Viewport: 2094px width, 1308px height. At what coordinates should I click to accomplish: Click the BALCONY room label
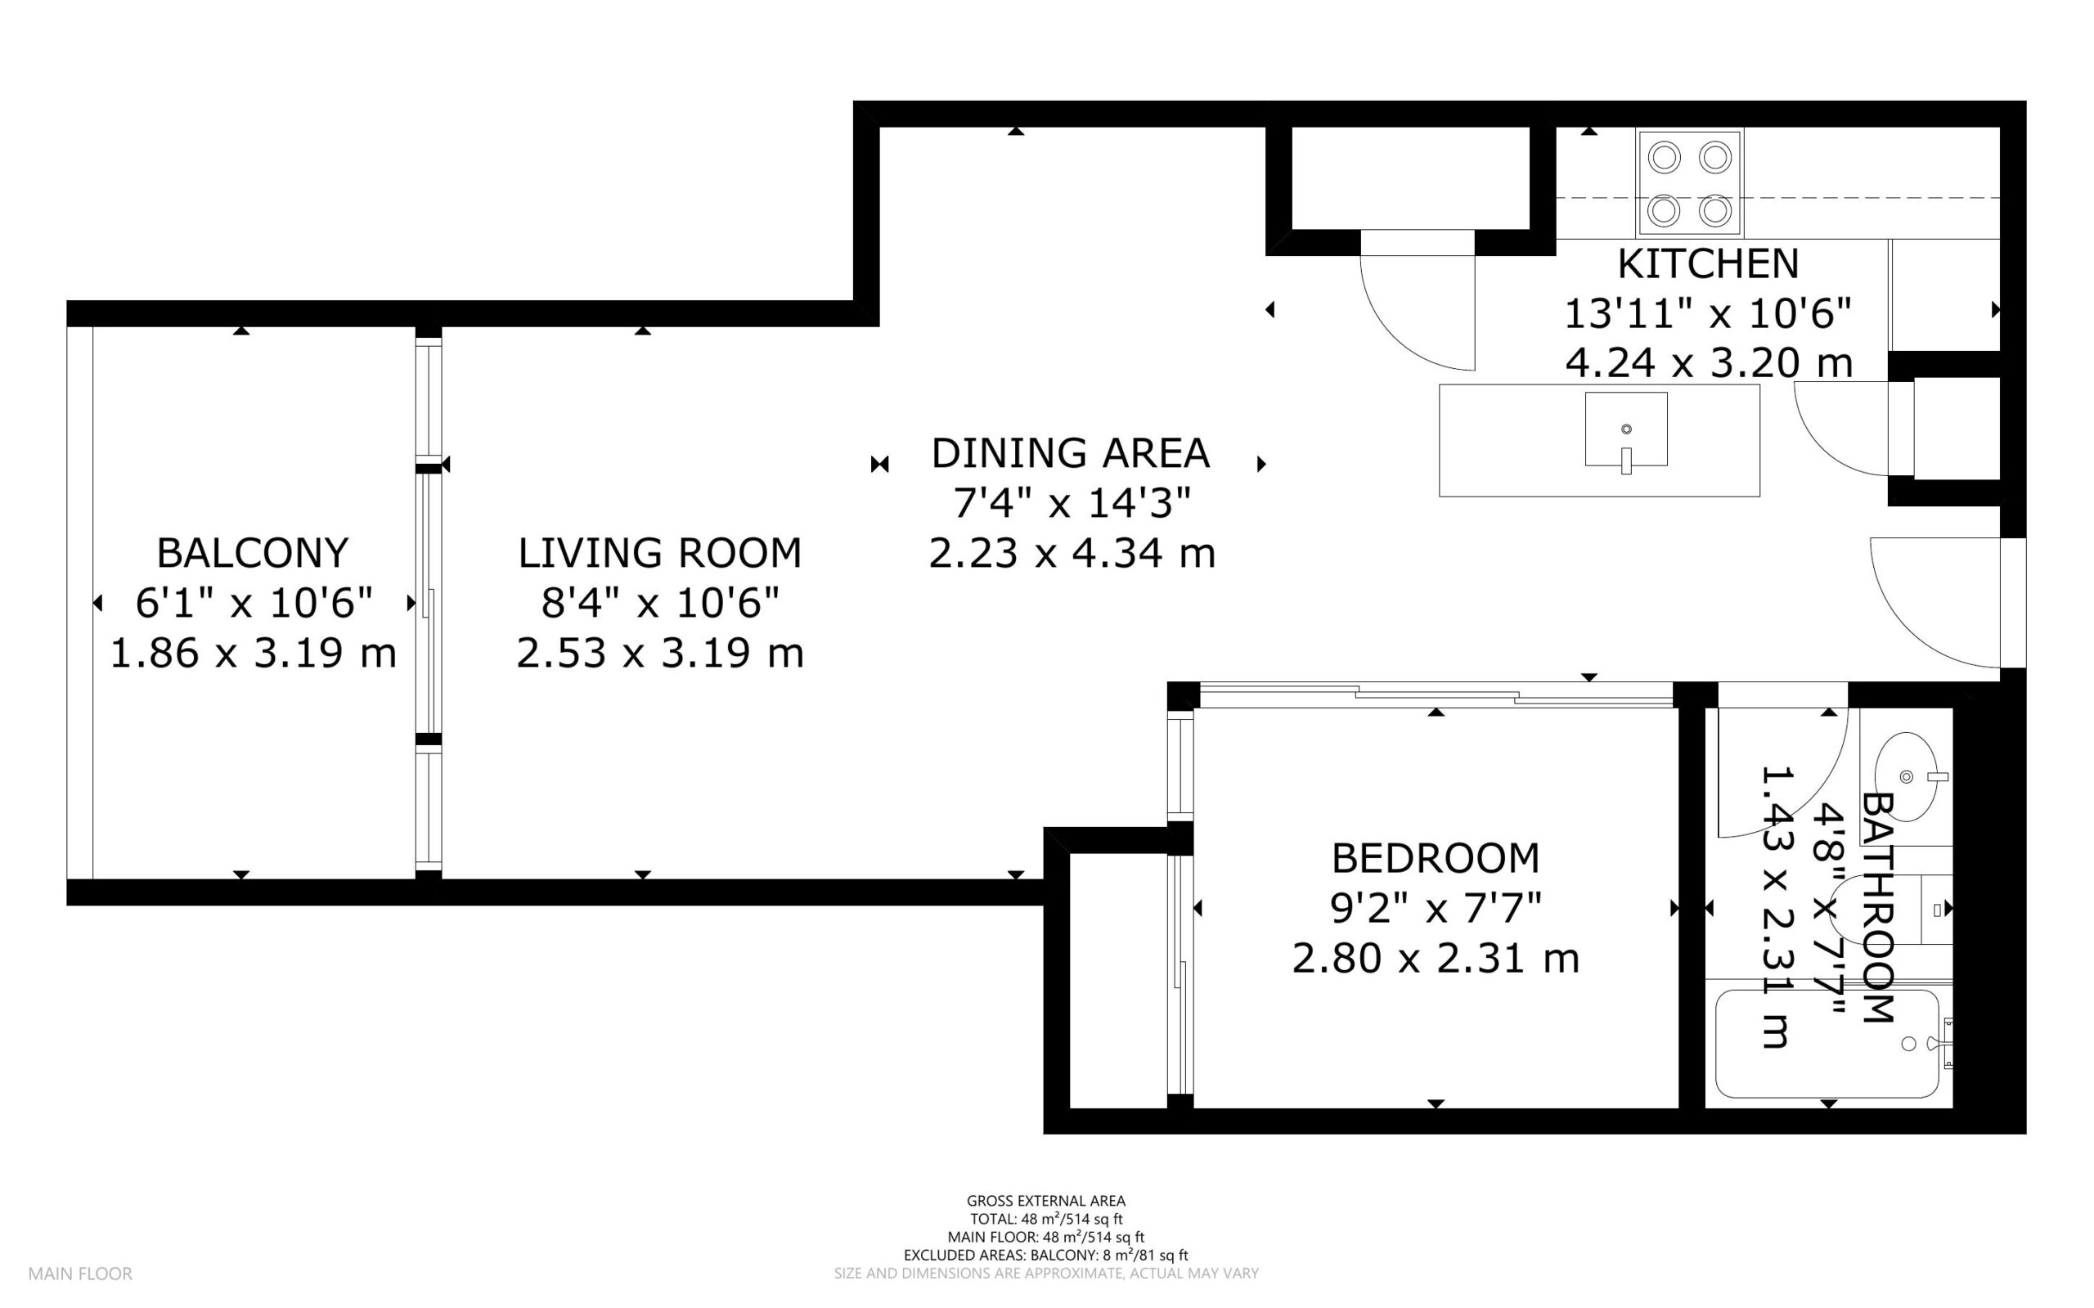[x=253, y=553]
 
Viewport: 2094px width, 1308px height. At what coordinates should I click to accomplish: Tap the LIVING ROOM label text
[x=660, y=553]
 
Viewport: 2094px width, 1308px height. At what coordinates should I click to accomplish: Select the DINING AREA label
[x=1070, y=453]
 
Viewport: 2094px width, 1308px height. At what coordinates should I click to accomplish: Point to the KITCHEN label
[x=1708, y=264]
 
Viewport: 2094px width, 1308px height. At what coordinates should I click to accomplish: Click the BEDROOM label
[x=1436, y=858]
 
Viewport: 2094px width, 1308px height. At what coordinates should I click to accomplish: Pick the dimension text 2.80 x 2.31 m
[x=1436, y=959]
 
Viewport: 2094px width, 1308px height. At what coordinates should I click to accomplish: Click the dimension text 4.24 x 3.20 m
[x=1709, y=363]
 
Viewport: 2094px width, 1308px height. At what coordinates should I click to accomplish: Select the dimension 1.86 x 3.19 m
[x=254, y=653]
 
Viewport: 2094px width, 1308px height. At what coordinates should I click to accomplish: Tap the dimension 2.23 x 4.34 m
[x=1072, y=554]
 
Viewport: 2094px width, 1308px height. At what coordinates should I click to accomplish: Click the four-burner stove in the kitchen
[x=1689, y=183]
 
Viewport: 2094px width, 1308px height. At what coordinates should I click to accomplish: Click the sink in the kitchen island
[x=1626, y=430]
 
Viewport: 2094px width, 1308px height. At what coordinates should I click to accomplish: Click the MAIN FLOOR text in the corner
[x=80, y=1274]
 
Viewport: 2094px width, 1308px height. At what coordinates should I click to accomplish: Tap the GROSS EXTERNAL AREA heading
[x=1045, y=1201]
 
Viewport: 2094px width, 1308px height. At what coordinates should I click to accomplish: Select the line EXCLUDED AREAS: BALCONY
[x=1045, y=1255]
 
